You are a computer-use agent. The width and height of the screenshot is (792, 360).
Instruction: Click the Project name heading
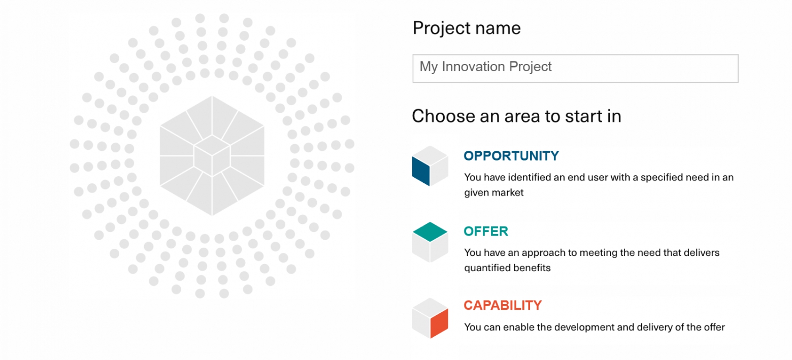coord(467,28)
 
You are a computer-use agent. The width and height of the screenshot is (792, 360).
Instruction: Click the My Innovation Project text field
coord(575,68)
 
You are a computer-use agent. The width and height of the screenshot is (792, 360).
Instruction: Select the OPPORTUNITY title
coord(511,156)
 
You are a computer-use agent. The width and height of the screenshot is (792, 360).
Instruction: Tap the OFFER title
coord(486,231)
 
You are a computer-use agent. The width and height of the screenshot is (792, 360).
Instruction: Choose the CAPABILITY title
coord(503,306)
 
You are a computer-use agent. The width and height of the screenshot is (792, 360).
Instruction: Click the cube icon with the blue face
coord(430,166)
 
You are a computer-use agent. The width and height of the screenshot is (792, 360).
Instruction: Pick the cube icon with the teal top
coord(430,242)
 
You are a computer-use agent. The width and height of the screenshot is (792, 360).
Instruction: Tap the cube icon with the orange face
coord(430,318)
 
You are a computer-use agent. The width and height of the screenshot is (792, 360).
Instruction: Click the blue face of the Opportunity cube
coord(421,171)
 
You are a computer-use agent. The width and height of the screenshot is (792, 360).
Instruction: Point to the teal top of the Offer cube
coord(430,232)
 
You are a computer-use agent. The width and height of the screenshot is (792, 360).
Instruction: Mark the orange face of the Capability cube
coord(439,323)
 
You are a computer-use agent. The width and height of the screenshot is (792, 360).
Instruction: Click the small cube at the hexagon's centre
coord(212,155)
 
